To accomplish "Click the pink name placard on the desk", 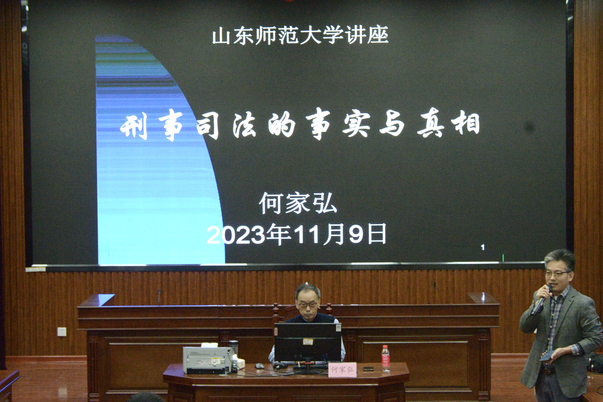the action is [342, 370].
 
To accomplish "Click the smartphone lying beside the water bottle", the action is [368, 369].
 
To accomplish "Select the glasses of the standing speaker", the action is [557, 274].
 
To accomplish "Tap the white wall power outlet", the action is [62, 332].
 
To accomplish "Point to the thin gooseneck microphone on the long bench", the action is [159, 297].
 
